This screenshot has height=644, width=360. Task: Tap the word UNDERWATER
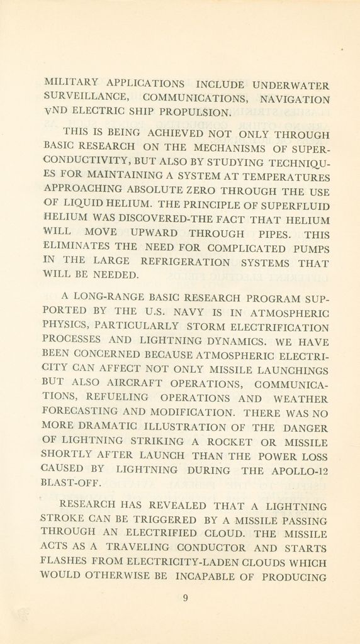click(x=291, y=84)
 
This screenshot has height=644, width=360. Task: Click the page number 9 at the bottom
click(x=185, y=599)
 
